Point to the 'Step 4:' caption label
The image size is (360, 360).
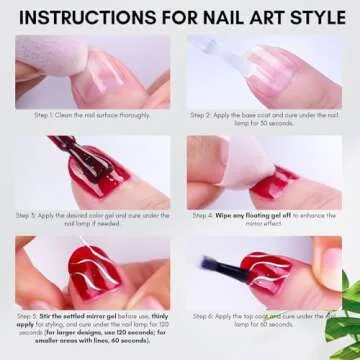coord(203,215)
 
